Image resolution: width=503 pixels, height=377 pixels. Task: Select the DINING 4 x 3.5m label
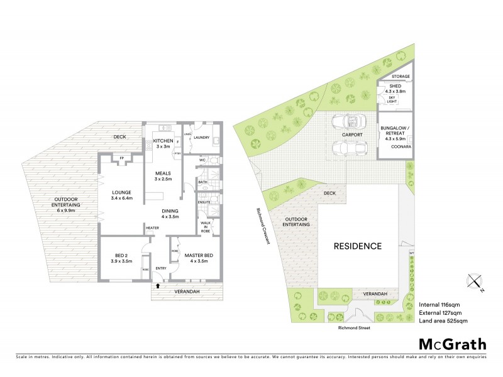[x=170, y=214]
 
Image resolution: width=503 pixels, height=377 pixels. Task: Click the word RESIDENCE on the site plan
[x=357, y=246]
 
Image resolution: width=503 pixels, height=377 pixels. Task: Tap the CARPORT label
[x=353, y=134]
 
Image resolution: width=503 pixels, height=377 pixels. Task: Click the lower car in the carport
[x=346, y=148]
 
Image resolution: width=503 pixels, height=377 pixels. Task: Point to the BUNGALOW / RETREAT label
[x=395, y=132]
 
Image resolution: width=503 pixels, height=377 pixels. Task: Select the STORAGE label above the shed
[x=401, y=77]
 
